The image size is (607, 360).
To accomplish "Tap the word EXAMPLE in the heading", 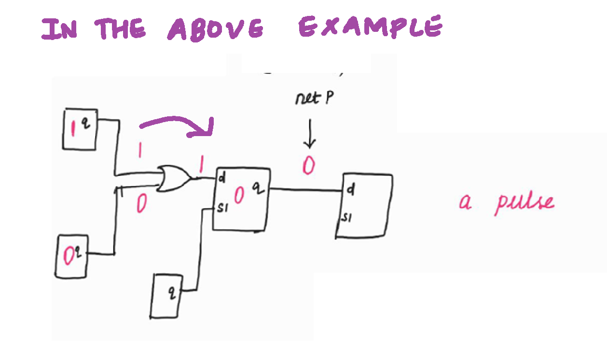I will pyautogui.click(x=370, y=27).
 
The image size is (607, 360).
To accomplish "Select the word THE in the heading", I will pyautogui.click(x=120, y=29).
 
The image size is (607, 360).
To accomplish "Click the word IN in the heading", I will pyautogui.click(x=60, y=29).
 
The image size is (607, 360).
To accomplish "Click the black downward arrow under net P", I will pyautogui.click(x=310, y=135).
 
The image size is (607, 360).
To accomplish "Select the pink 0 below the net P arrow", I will pyautogui.click(x=309, y=166).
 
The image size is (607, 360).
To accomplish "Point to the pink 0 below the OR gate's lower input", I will pyautogui.click(x=140, y=205).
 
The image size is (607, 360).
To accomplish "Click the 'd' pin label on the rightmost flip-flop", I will pyautogui.click(x=351, y=191).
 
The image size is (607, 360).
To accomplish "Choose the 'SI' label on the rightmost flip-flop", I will pyautogui.click(x=346, y=218).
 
